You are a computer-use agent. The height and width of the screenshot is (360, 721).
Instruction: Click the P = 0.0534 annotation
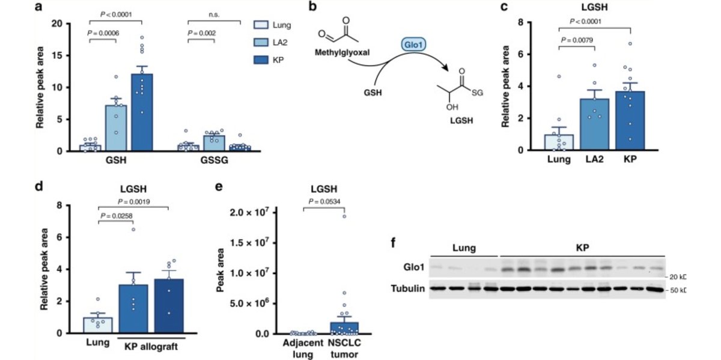[324, 201]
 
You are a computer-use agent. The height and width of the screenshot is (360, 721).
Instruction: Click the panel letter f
[394, 244]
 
